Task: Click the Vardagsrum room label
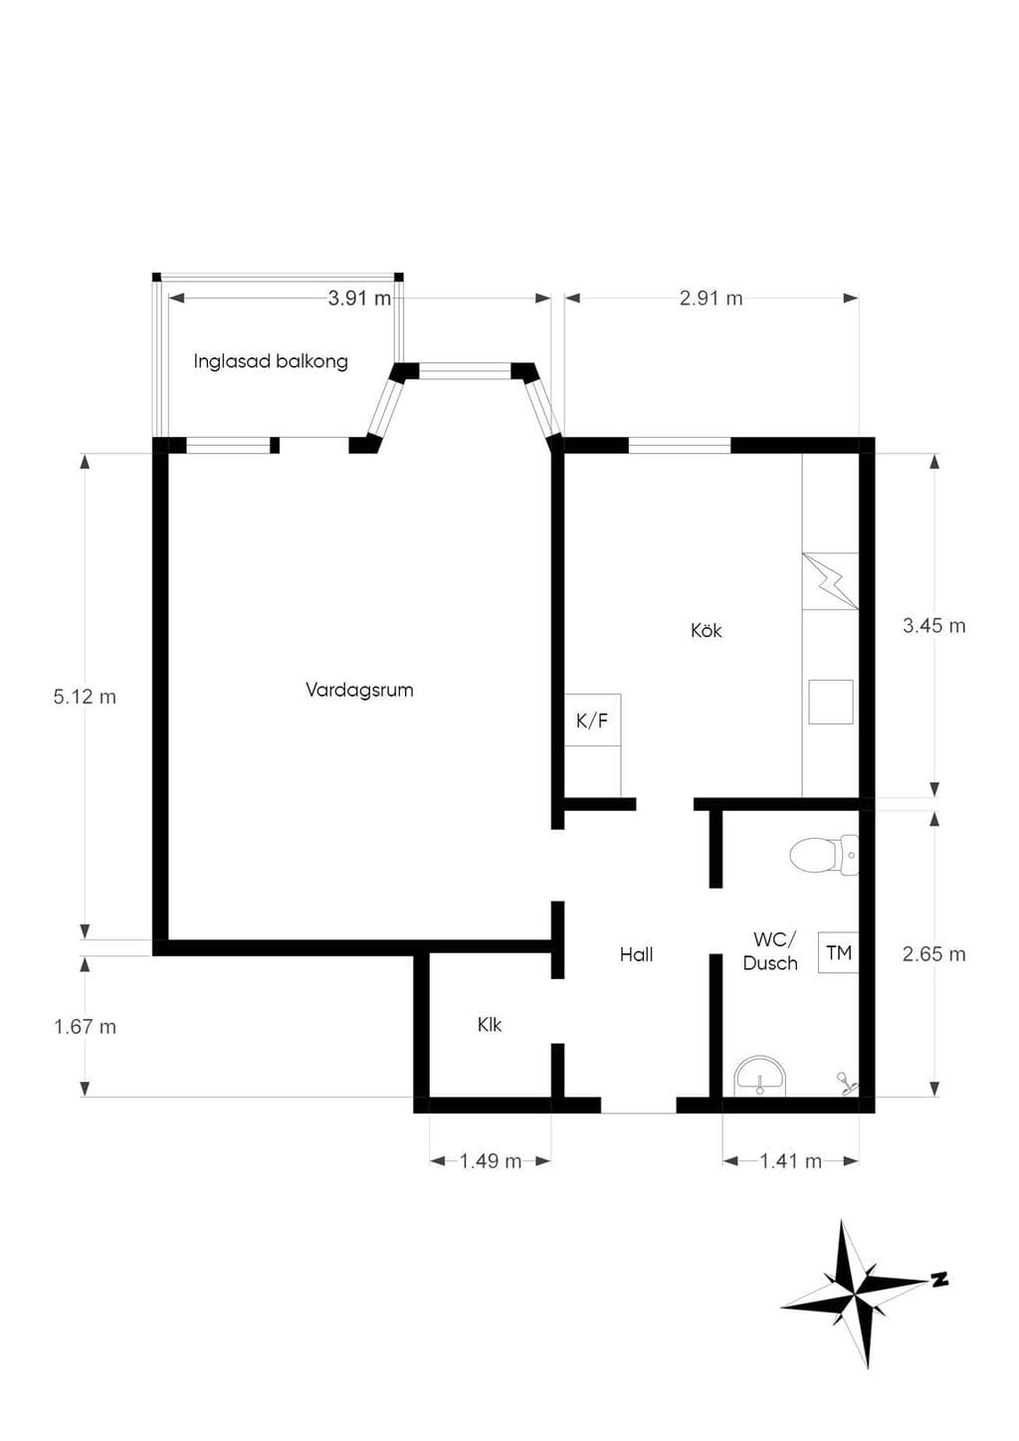click(359, 691)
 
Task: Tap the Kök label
click(706, 630)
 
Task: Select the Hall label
click(636, 954)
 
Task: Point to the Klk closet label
click(490, 1025)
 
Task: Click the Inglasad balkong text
click(271, 361)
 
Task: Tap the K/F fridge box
click(592, 720)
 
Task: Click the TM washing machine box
click(838, 952)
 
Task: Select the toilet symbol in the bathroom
click(824, 855)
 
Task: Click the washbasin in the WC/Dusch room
click(759, 1077)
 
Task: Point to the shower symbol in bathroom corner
click(845, 1083)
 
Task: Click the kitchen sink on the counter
click(831, 702)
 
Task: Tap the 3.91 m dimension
click(359, 298)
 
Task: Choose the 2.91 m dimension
click(711, 298)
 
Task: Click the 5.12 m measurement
click(85, 697)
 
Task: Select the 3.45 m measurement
click(934, 625)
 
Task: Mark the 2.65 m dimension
click(934, 953)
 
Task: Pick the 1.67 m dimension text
click(85, 1027)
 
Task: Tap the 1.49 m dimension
click(491, 1161)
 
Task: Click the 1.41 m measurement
click(791, 1161)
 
